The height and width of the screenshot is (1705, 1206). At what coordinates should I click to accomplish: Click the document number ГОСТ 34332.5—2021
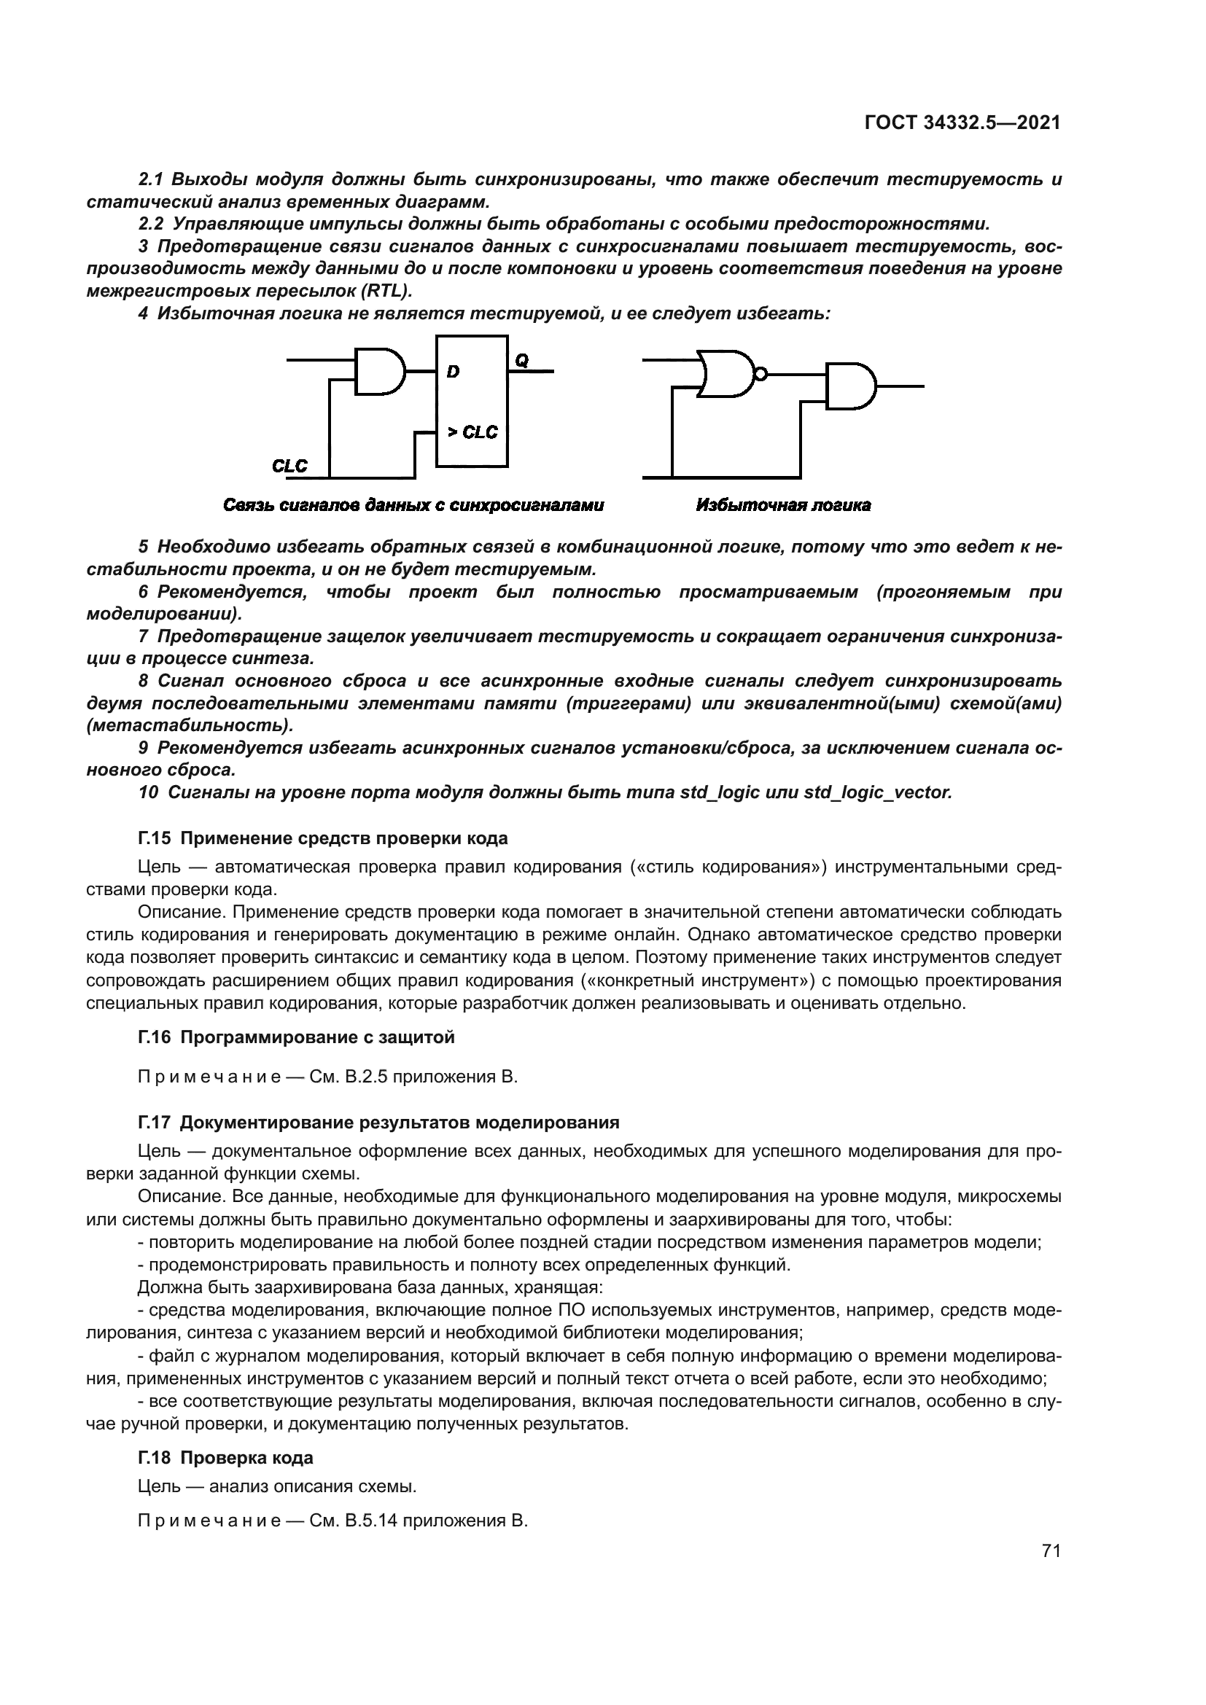962,123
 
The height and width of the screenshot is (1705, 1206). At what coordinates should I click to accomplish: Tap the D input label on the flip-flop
453,372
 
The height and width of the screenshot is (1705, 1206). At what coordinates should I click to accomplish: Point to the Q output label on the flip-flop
521,361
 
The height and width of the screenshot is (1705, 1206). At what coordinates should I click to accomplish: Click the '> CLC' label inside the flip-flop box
472,432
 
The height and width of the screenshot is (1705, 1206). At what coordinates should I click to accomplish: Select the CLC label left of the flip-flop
289,467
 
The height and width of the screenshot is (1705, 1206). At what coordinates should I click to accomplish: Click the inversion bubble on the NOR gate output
760,373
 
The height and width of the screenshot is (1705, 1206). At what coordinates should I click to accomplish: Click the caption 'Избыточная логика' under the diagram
783,506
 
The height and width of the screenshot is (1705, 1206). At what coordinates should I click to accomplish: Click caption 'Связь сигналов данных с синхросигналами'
413,506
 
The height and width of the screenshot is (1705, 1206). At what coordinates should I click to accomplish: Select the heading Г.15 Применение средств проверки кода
323,838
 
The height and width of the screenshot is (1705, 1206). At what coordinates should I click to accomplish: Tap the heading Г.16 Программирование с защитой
296,1037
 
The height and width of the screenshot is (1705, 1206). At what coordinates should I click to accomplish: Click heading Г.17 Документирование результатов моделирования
378,1122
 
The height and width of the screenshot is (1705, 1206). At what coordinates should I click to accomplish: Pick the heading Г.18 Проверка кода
226,1458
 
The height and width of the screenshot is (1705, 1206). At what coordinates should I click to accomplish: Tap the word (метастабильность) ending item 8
190,725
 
